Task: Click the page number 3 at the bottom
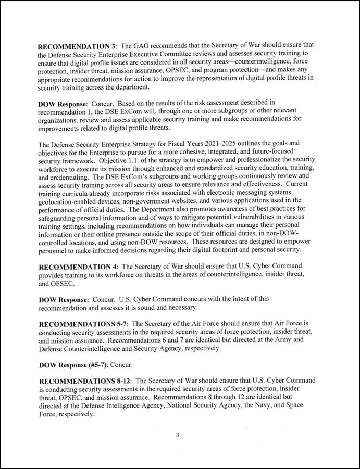(177, 435)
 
